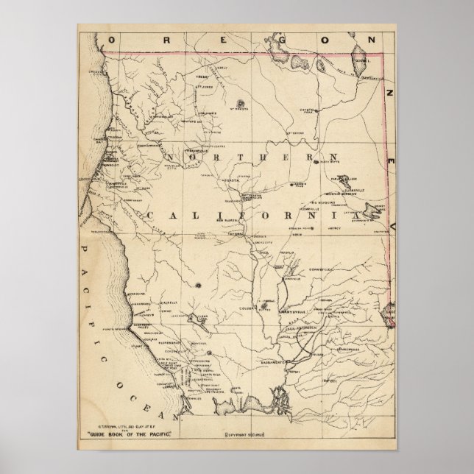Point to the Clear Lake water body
click(x=199, y=317)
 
